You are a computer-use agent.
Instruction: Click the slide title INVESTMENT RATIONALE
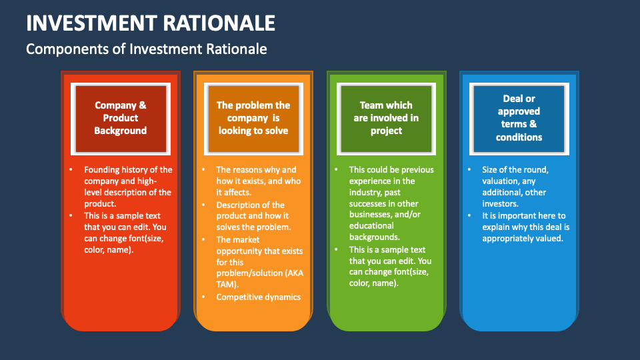pos(151,23)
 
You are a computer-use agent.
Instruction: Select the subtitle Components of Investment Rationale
pos(146,49)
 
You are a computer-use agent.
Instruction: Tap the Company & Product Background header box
pos(120,118)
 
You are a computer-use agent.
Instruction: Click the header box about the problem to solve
pos(253,118)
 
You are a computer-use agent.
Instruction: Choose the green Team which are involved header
pos(386,118)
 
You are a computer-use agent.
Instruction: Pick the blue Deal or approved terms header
pos(519,118)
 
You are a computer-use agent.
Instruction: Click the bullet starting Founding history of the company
pos(127,187)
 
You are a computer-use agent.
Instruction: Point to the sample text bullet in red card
pos(123,233)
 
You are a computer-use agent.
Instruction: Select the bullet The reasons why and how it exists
pos(258,181)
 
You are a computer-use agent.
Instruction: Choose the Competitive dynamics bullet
pos(258,297)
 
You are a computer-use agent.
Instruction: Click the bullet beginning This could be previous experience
pos(391,203)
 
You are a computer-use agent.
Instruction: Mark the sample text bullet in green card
pos(390,267)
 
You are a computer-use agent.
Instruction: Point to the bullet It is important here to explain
pos(525,227)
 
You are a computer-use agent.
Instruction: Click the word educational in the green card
pos(371,225)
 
